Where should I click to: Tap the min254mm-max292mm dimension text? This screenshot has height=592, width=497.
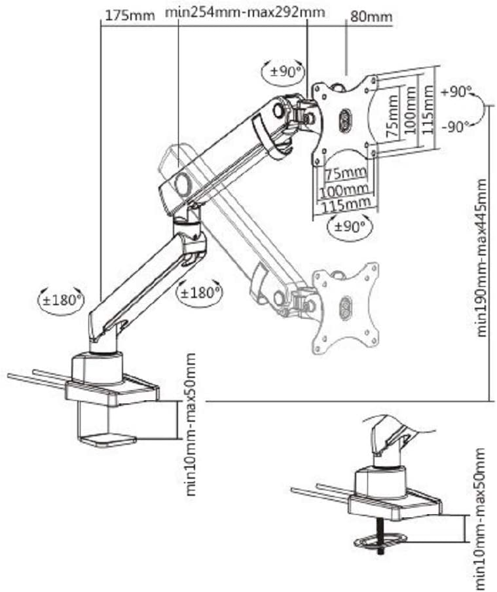245,13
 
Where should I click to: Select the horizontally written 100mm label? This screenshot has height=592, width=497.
344,191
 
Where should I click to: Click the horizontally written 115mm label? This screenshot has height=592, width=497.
344,205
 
